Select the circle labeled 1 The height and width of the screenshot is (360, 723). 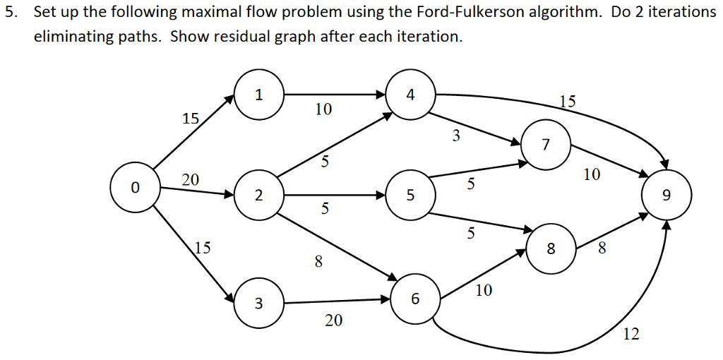[258, 96]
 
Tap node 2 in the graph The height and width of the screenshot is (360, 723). [258, 196]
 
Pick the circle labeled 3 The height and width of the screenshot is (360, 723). [258, 304]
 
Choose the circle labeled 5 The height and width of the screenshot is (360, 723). [410, 196]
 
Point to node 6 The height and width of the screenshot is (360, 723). [414, 299]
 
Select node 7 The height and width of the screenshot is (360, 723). [545, 145]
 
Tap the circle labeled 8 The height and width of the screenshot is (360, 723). [551, 248]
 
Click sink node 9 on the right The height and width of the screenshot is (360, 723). [667, 195]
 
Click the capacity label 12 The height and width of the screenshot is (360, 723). [631, 335]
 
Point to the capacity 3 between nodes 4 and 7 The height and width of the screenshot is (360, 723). [456, 136]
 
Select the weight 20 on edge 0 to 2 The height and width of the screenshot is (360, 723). [191, 180]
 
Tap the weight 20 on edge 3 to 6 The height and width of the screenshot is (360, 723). [333, 321]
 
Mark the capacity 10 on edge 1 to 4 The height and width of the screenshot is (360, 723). [323, 109]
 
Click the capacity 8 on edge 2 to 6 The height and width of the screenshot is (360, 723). [318, 262]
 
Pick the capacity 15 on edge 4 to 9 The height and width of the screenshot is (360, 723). [567, 101]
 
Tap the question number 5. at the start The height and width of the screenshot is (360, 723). [10, 13]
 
